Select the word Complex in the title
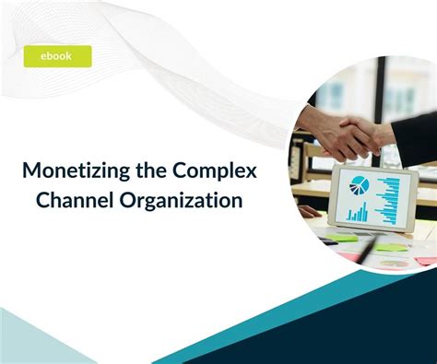220,171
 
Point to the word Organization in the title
183,199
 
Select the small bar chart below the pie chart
357,213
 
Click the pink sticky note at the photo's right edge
425,261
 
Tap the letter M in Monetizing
32,172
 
